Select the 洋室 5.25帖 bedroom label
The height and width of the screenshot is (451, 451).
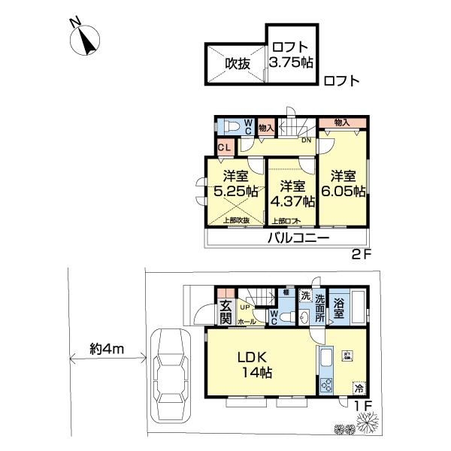[236, 184]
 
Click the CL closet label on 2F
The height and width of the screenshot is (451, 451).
[223, 147]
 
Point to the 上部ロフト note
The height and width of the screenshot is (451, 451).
[284, 220]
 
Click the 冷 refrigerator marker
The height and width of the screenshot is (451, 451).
[359, 389]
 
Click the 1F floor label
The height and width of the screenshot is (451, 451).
[364, 407]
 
